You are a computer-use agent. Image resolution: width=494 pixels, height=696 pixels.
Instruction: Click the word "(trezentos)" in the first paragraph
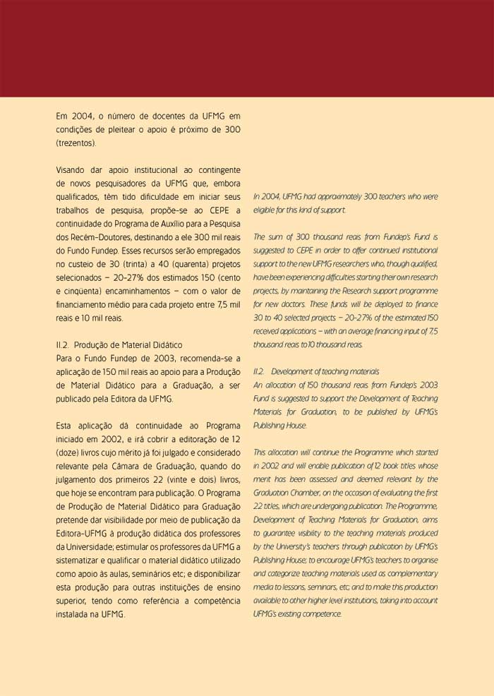(76, 143)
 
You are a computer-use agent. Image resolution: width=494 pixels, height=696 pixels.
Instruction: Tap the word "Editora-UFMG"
(83, 532)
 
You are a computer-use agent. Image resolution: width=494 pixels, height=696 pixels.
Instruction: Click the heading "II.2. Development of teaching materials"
(316, 371)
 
